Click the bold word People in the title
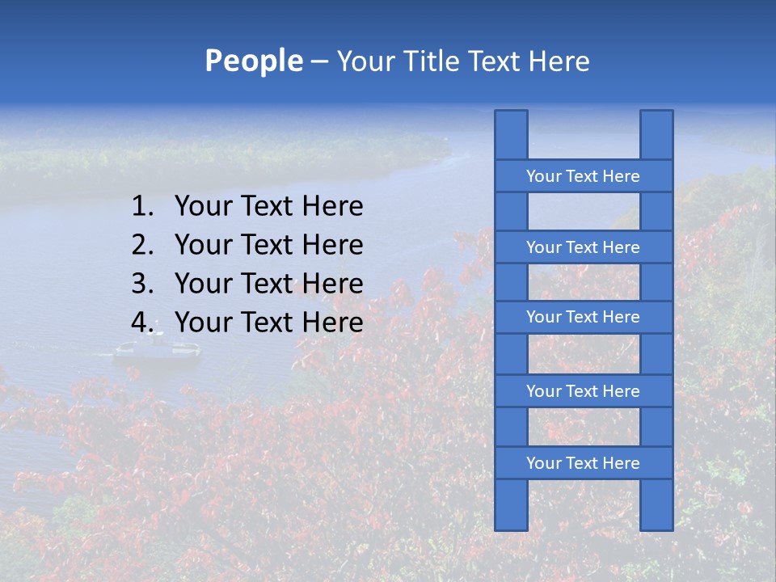pyautogui.click(x=253, y=61)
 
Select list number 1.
pyautogui.click(x=142, y=207)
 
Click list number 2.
pyautogui.click(x=142, y=245)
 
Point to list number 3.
pyautogui.click(x=142, y=284)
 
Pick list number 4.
pyautogui.click(x=142, y=323)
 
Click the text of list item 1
pyautogui.click(x=268, y=207)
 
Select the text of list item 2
pyautogui.click(x=268, y=245)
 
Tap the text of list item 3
pyautogui.click(x=268, y=284)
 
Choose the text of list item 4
pyautogui.click(x=268, y=323)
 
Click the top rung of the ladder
pyautogui.click(x=583, y=176)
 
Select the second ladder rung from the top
pyautogui.click(x=583, y=247)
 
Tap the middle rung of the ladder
pyautogui.click(x=583, y=317)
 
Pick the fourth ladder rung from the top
pyautogui.click(x=583, y=391)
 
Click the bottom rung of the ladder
pyautogui.click(x=583, y=463)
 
